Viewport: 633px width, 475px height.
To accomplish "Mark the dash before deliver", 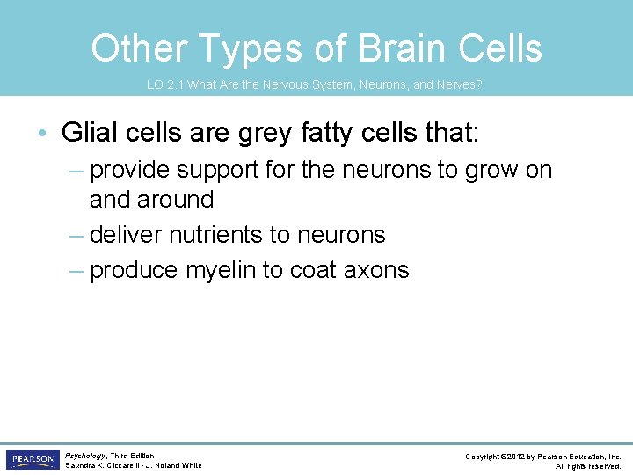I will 76,235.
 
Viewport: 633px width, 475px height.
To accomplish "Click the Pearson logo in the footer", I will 33,460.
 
